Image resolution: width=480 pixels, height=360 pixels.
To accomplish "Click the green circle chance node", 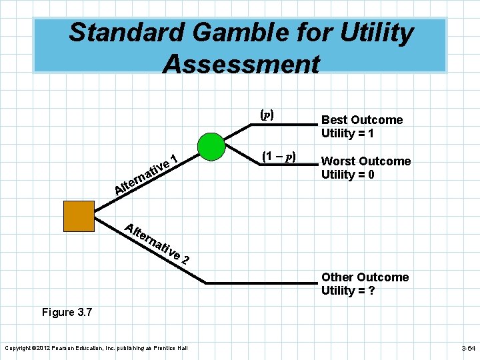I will pyautogui.click(x=213, y=147).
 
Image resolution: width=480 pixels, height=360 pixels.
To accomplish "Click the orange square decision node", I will pyautogui.click(x=79, y=216).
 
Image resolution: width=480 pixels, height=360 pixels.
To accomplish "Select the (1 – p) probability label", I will pyautogui.click(x=279, y=157).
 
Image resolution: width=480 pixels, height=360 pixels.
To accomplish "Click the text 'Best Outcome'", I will pyautogui.click(x=362, y=120).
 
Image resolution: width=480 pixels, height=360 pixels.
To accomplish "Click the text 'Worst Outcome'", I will pyautogui.click(x=366, y=161).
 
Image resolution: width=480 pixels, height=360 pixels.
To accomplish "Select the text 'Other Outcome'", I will pyautogui.click(x=365, y=277).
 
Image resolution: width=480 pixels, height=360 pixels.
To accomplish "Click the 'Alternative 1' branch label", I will pyautogui.click(x=147, y=175).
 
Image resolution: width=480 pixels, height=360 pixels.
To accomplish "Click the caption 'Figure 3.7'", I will pyautogui.click(x=67, y=312).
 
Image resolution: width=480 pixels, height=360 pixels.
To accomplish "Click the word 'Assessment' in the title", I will pyautogui.click(x=241, y=65).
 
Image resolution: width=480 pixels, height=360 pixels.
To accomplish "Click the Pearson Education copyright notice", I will pyautogui.click(x=97, y=348).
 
